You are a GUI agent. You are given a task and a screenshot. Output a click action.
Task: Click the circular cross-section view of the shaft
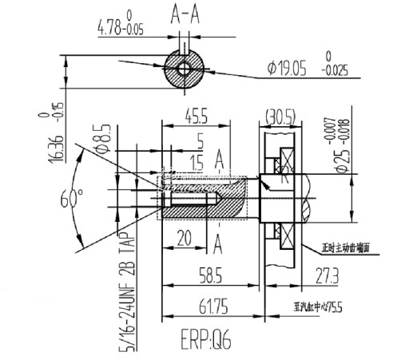pyautogui.click(x=185, y=69)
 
